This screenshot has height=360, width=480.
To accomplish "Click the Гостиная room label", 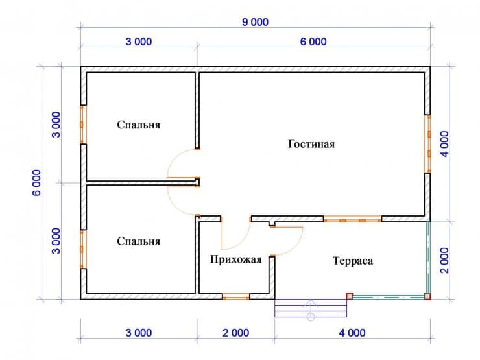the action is pyautogui.click(x=311, y=144).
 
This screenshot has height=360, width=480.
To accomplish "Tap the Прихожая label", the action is pyautogui.click(x=235, y=259).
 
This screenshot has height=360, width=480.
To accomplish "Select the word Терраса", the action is pyautogui.click(x=353, y=261).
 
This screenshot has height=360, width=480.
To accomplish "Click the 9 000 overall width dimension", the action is pyautogui.click(x=256, y=22).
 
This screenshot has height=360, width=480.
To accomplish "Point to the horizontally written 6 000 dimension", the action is pyautogui.click(x=313, y=42).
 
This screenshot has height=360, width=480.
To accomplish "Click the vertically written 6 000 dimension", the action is pyautogui.click(x=36, y=183).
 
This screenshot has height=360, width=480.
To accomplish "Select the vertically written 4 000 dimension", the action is pyautogui.click(x=444, y=144).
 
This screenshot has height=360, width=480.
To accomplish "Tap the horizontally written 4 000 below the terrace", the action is pyautogui.click(x=352, y=333).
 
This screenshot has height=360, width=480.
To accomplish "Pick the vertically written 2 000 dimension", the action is pyautogui.click(x=444, y=261).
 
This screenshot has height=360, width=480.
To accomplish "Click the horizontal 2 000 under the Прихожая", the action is pyautogui.click(x=235, y=333).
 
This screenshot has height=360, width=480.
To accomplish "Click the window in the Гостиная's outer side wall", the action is pyautogui.click(x=427, y=144).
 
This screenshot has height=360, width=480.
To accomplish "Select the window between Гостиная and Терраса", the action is pyautogui.click(x=352, y=219).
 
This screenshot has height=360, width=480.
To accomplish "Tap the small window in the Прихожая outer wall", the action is pyautogui.click(x=235, y=296).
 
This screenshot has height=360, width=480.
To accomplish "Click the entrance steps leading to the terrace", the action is pyautogui.click(x=311, y=308).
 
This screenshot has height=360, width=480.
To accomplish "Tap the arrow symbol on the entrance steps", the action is pyautogui.click(x=311, y=310).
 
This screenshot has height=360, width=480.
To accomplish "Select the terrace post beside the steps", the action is pyautogui.click(x=349, y=296).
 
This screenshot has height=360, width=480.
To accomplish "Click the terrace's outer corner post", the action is pyautogui.click(x=427, y=296).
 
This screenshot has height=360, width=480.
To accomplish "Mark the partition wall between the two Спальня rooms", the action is pyautogui.click(x=141, y=183).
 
